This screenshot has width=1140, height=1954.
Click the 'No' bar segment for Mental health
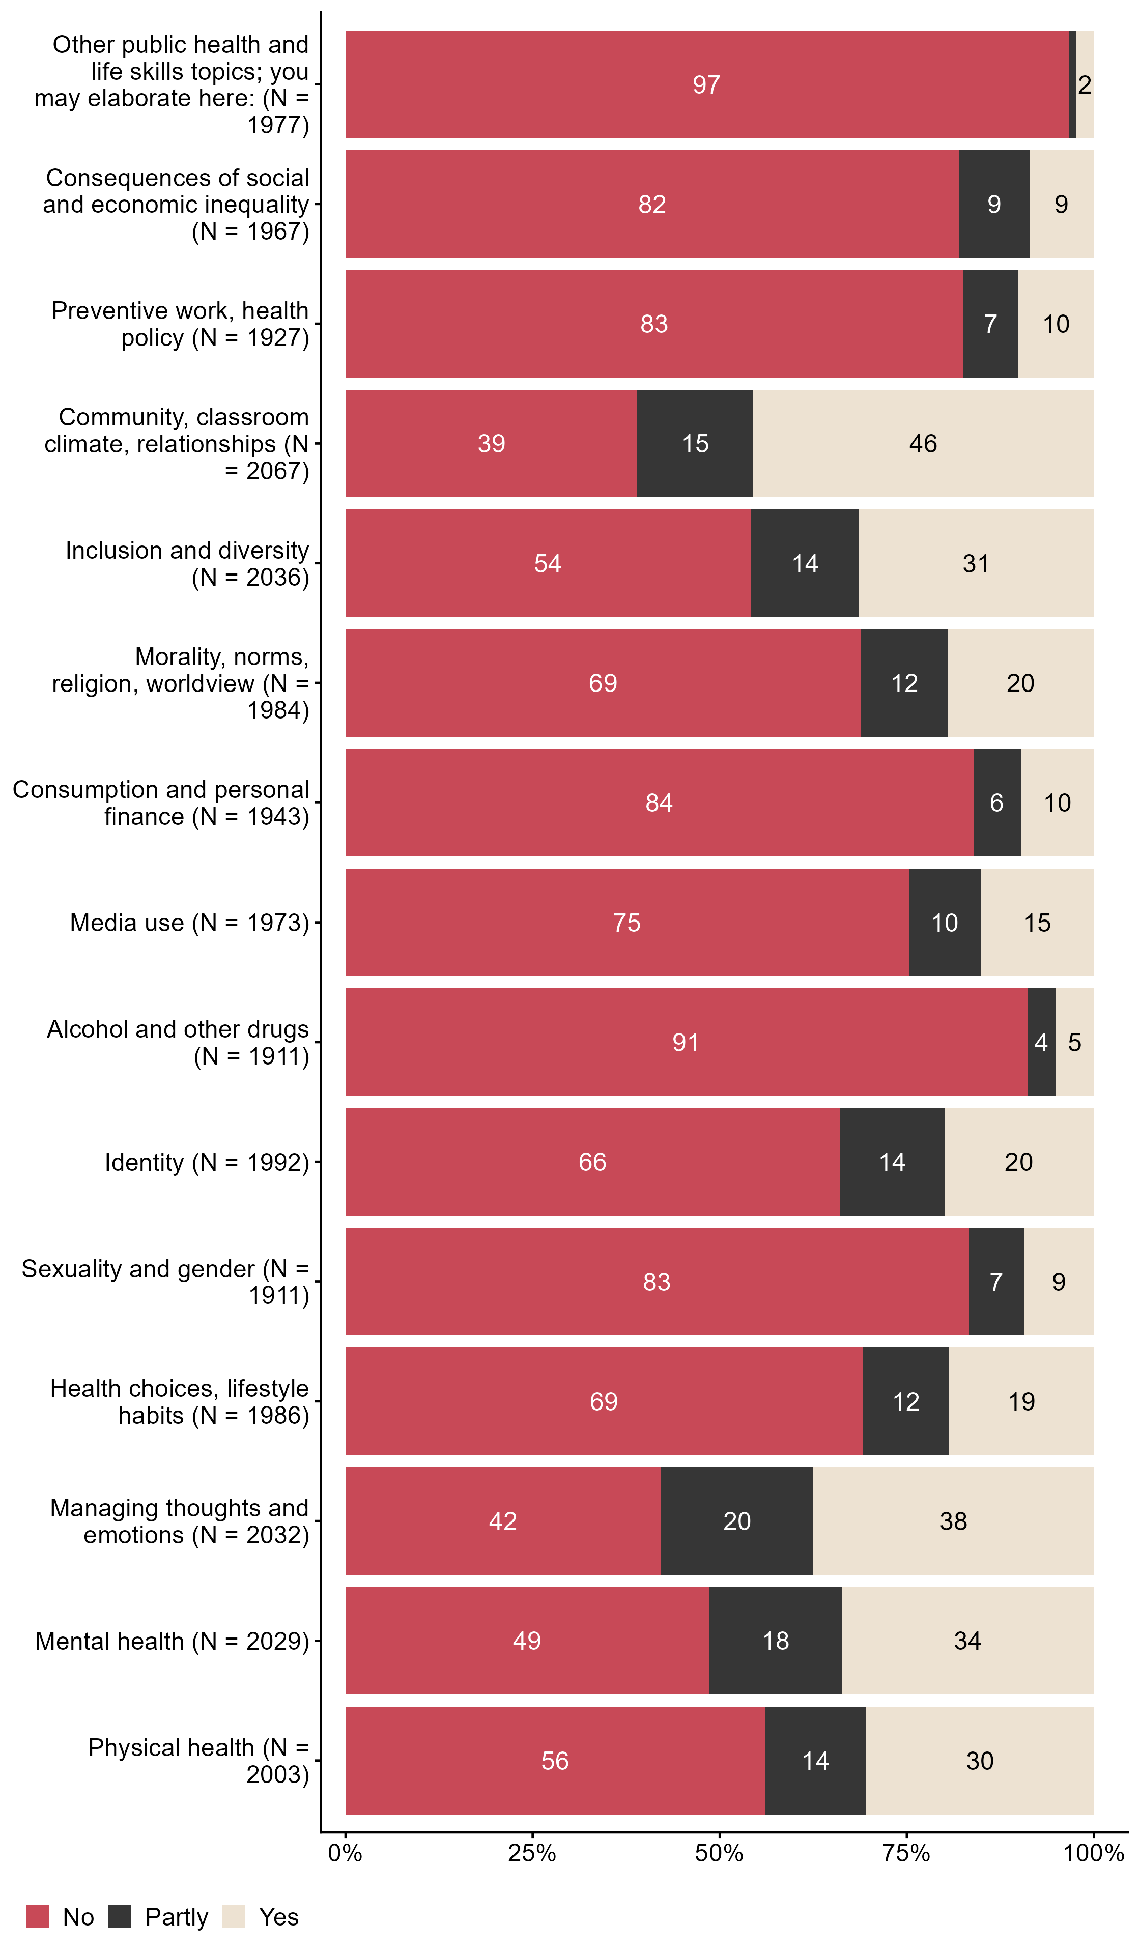(x=527, y=1640)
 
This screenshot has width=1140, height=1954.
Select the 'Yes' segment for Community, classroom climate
(x=923, y=444)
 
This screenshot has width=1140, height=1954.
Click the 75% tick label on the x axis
(x=906, y=1854)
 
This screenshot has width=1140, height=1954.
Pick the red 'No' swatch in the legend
(x=37, y=1917)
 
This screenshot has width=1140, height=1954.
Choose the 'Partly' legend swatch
(x=120, y=1917)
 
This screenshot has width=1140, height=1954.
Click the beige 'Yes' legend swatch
(x=234, y=1917)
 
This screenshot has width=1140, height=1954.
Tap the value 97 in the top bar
(x=706, y=84)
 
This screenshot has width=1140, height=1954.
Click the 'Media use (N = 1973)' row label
(x=189, y=923)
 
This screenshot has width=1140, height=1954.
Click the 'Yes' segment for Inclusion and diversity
(x=976, y=564)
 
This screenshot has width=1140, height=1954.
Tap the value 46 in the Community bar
(x=923, y=444)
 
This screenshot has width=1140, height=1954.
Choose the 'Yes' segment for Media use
(x=1037, y=923)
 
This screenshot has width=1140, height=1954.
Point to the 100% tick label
(x=1093, y=1854)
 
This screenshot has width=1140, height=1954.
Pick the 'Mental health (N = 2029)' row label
(x=172, y=1641)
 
